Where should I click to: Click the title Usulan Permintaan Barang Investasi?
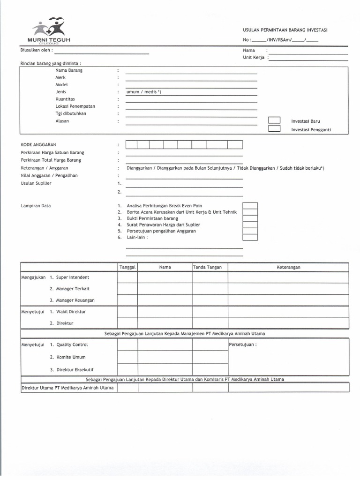[x=285, y=30]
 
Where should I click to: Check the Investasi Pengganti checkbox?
[x=274, y=129]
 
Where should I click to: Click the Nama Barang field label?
[x=69, y=70]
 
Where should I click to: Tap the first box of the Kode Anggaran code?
[x=132, y=145]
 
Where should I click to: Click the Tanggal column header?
[x=127, y=267]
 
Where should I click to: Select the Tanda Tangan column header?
[x=210, y=267]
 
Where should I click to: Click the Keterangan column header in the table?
[x=288, y=267]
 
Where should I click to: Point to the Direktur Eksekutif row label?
[x=75, y=369]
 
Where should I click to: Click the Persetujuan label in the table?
[x=242, y=345]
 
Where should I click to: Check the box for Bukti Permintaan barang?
[x=250, y=218]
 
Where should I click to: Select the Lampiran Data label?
[x=36, y=206]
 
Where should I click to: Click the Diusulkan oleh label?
[x=36, y=50]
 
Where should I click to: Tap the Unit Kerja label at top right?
[x=254, y=58]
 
